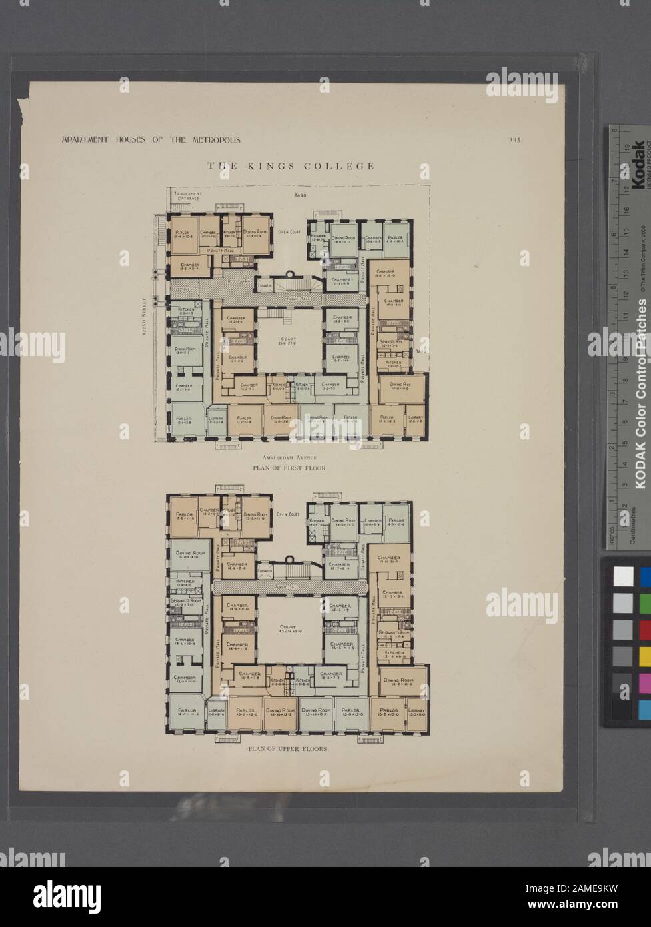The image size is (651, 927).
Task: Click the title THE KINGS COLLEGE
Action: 289,166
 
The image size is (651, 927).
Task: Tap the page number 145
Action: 515,140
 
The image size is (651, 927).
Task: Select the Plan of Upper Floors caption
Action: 287,749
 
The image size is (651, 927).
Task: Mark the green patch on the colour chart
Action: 644,603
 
